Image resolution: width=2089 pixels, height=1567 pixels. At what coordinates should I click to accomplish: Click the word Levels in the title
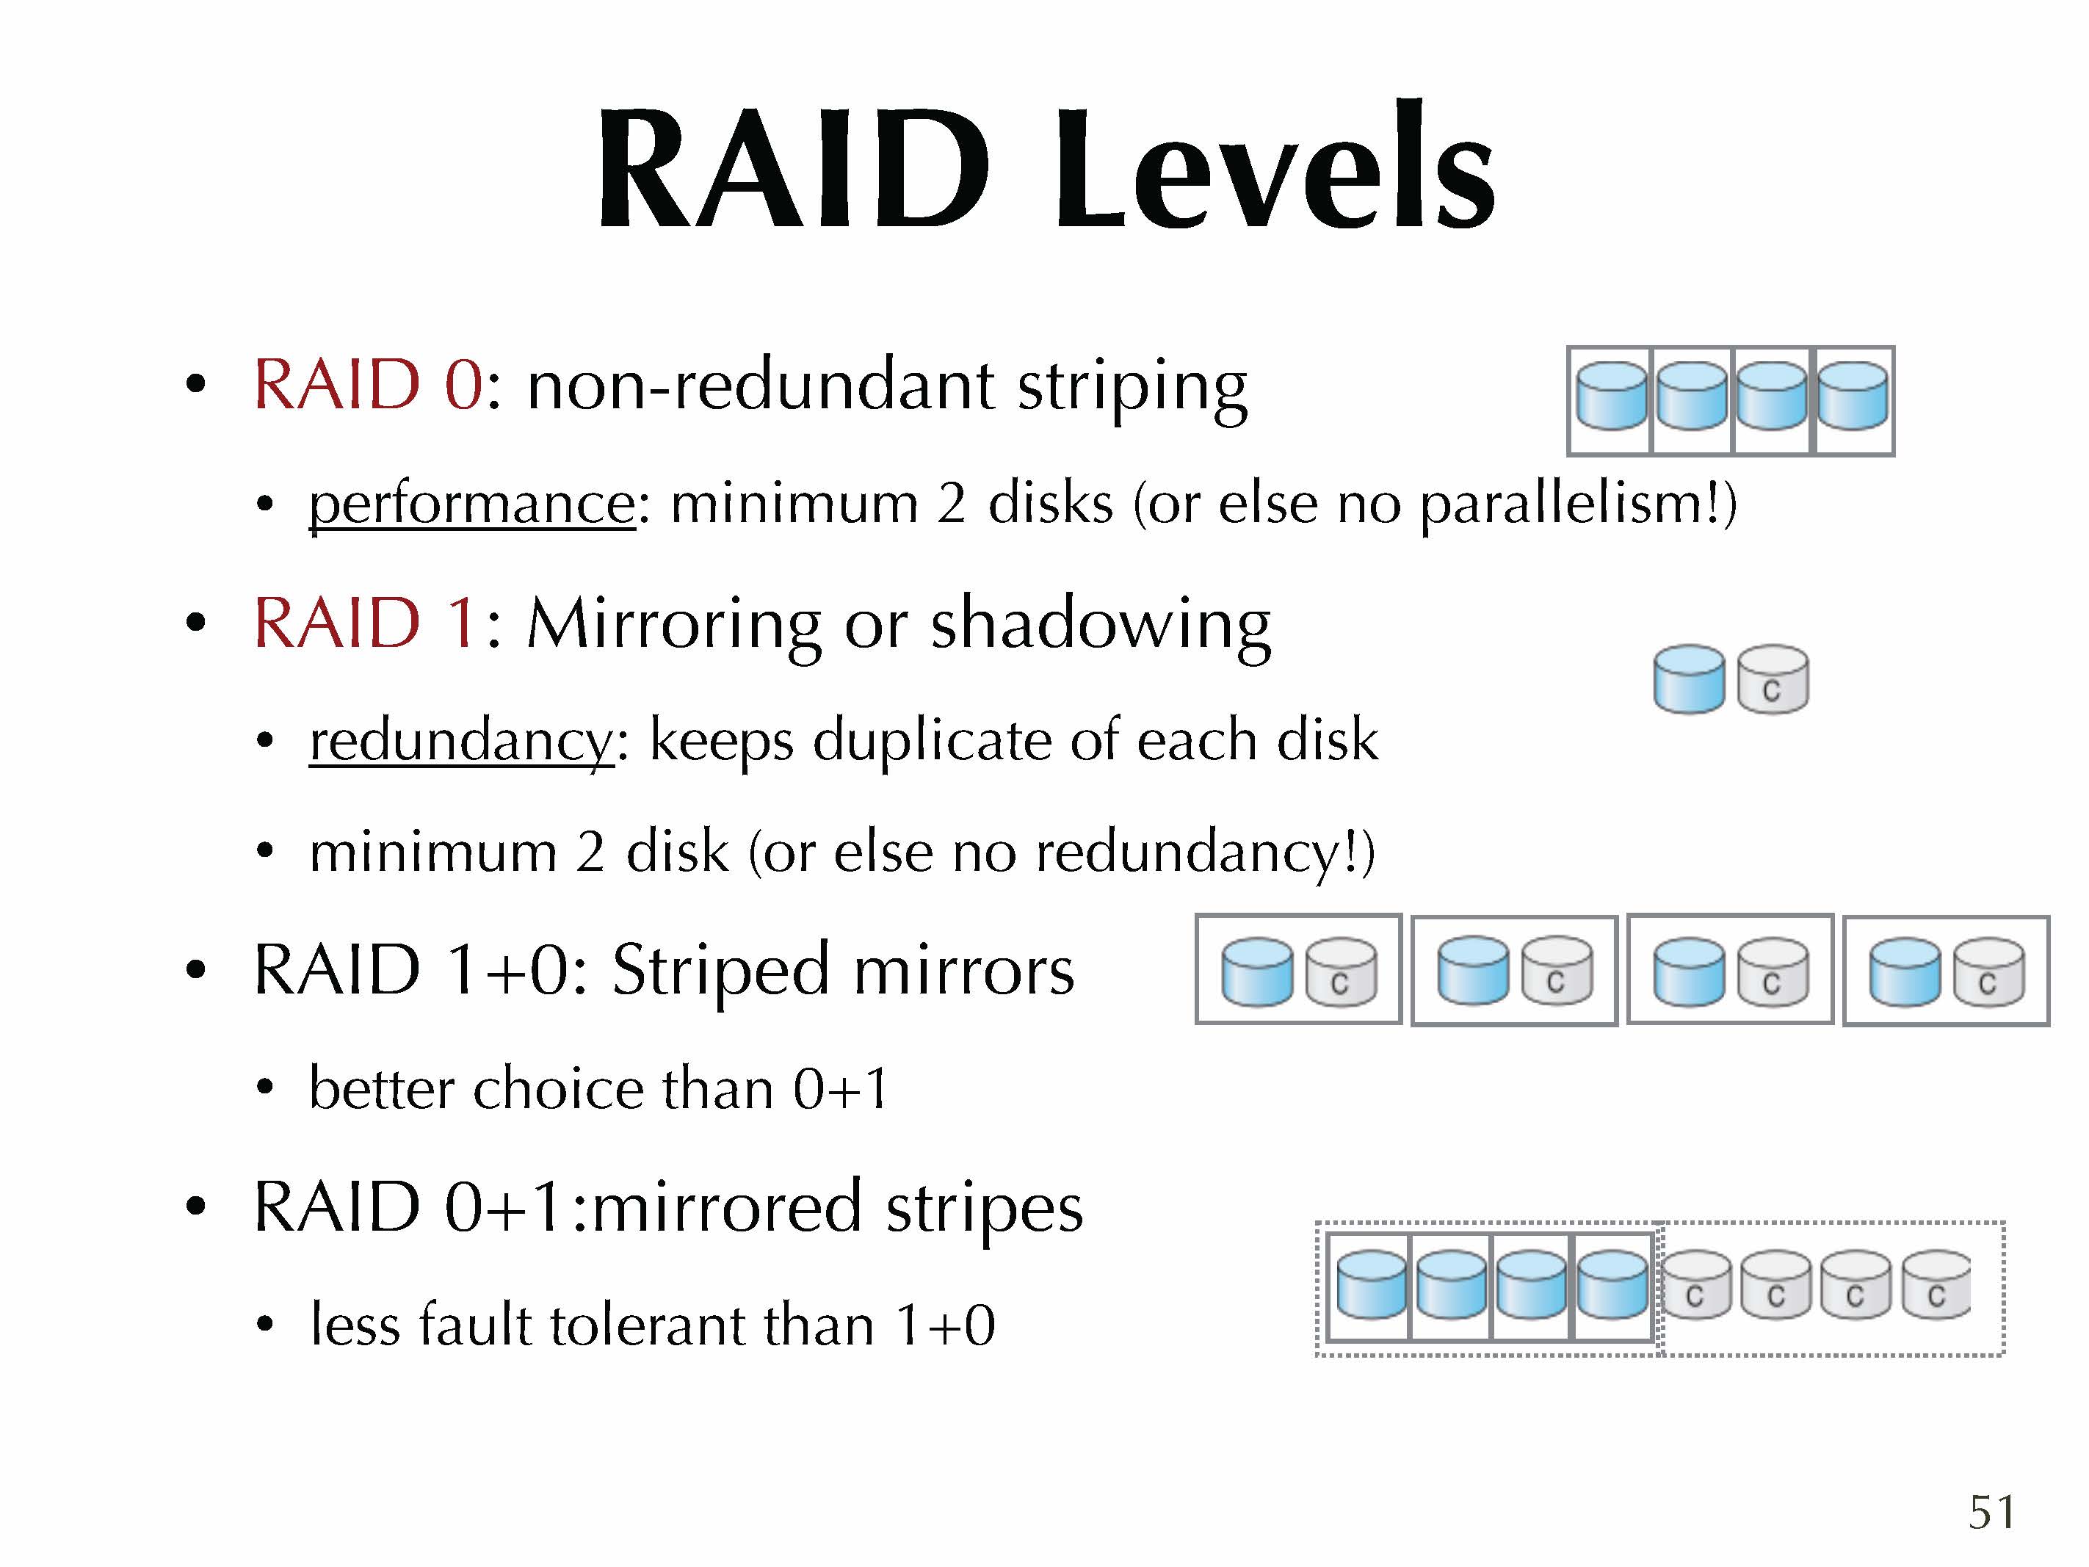tap(1274, 165)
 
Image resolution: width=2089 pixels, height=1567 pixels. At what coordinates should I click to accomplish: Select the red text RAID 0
tap(369, 386)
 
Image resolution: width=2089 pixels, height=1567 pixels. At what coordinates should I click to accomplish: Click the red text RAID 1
tap(363, 623)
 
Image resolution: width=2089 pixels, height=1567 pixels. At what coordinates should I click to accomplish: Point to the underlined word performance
tap(472, 504)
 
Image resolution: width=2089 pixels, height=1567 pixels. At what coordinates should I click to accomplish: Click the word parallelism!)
tap(1578, 504)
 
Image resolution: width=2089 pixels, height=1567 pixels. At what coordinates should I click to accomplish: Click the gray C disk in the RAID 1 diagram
tap(1773, 679)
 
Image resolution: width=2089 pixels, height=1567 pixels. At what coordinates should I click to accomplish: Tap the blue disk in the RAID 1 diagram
tap(1690, 679)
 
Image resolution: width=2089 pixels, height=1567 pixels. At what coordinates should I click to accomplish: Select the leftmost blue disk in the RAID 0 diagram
tap(1612, 396)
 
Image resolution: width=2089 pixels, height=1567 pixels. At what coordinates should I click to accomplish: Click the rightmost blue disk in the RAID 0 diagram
tap(1853, 396)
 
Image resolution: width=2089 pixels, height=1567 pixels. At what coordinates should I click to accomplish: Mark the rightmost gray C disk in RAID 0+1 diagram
tap(1936, 1284)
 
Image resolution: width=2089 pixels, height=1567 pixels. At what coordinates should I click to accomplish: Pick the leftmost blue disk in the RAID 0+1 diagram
tap(1372, 1284)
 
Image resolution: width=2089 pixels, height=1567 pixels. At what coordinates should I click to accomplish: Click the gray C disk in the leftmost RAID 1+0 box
tap(1341, 972)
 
